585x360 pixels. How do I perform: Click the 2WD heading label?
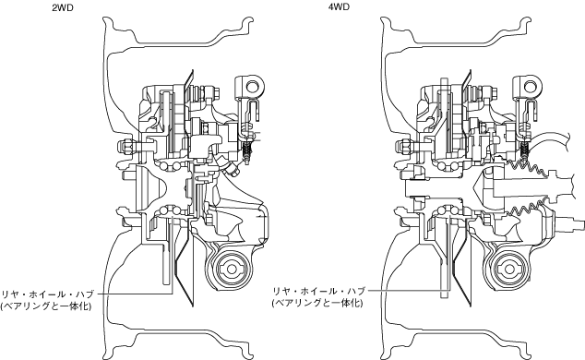(x=63, y=7)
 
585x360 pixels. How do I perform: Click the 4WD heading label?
(x=339, y=7)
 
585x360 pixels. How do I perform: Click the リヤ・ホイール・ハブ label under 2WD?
(x=47, y=294)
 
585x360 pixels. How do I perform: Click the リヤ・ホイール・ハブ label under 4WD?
(x=318, y=291)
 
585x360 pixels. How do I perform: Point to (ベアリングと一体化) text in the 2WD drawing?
(x=46, y=306)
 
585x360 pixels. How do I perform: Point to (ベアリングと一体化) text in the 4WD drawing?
(x=317, y=303)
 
